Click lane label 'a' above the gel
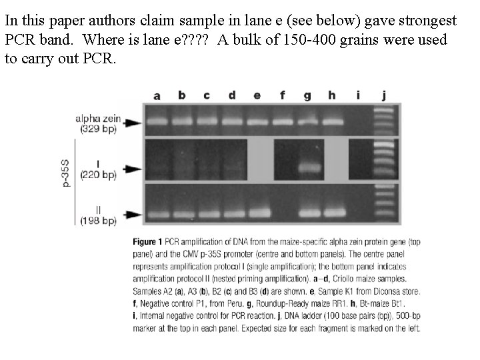tap(157, 96)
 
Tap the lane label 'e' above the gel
tap(257, 95)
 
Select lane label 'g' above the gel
tap(307, 96)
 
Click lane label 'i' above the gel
tap(358, 95)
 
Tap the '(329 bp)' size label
tap(97, 129)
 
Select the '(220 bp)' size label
tap(97, 175)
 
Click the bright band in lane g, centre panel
tap(307, 169)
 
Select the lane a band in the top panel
tap(157, 121)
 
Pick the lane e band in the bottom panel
tap(257, 214)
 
